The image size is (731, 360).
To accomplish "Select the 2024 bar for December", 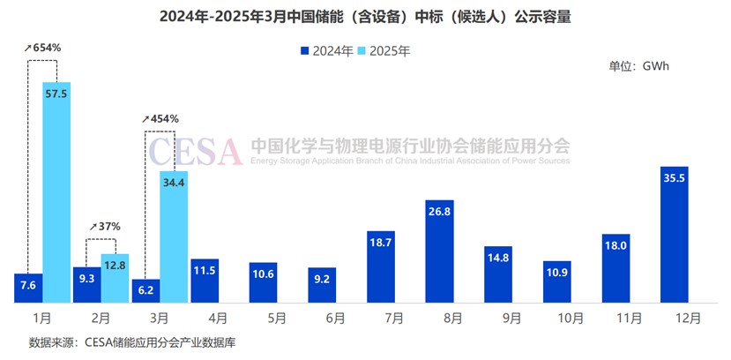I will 674,234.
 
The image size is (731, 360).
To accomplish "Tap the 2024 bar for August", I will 439,251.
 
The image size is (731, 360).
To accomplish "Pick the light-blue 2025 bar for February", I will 115,278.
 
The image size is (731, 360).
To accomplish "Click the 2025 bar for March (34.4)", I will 174,236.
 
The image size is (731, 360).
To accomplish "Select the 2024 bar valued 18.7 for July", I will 381,266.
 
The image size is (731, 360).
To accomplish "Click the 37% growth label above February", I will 104,227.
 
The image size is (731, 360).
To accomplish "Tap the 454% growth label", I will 160,118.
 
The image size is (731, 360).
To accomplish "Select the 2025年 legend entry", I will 384,51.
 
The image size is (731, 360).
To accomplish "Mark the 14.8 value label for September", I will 498,257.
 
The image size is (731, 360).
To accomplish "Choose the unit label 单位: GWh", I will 640,66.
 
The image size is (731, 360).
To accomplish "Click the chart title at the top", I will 365,17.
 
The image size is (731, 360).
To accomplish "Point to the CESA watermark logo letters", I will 194,151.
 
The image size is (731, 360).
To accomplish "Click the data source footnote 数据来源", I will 132,341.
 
